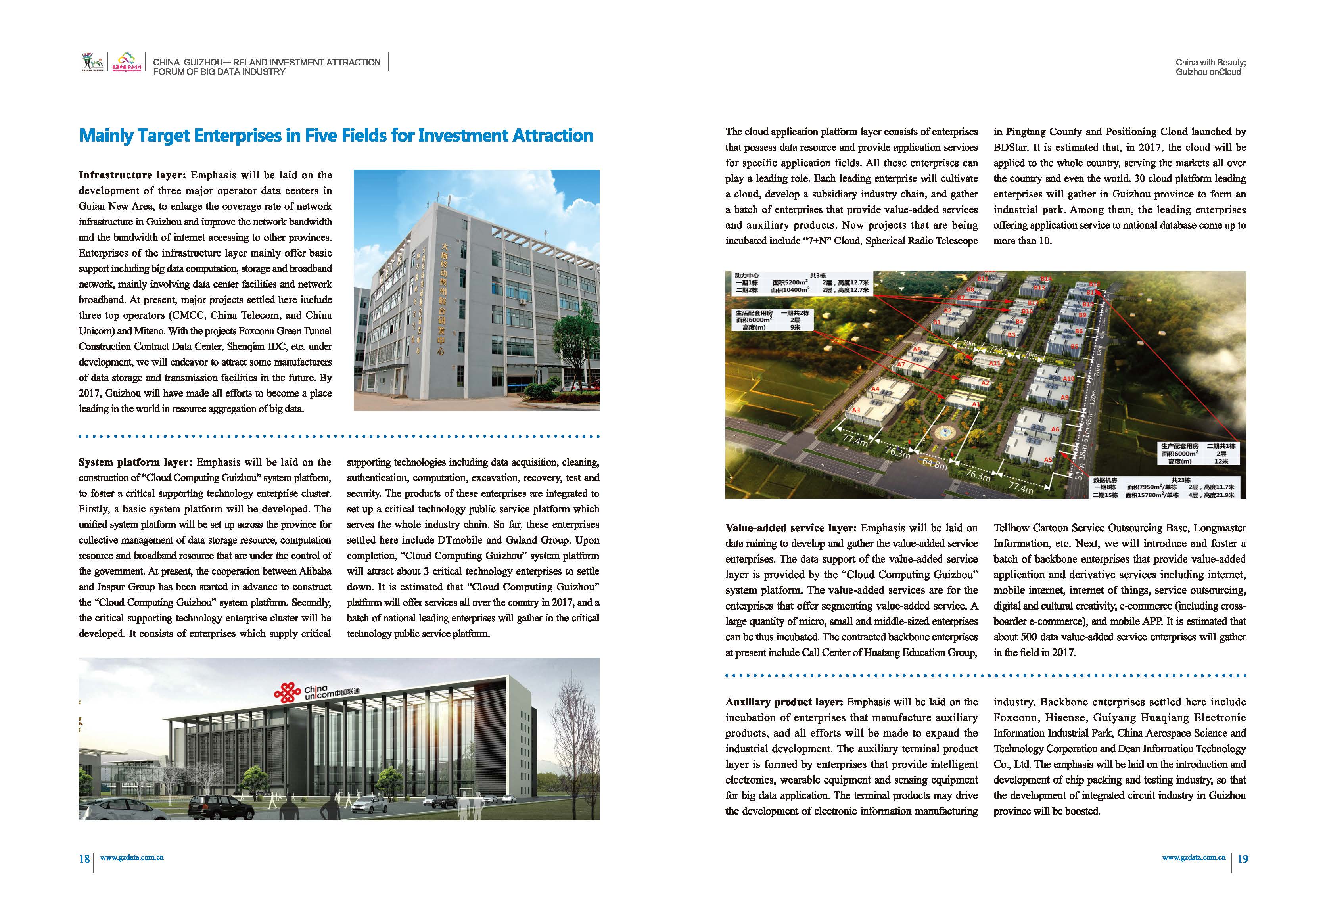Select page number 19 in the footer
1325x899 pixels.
[x=1243, y=859]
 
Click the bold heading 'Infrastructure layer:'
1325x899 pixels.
[x=132, y=175]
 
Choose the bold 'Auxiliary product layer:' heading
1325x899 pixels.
[x=784, y=702]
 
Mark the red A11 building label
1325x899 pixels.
[x=994, y=363]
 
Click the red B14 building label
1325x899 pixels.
[x=1046, y=279]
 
